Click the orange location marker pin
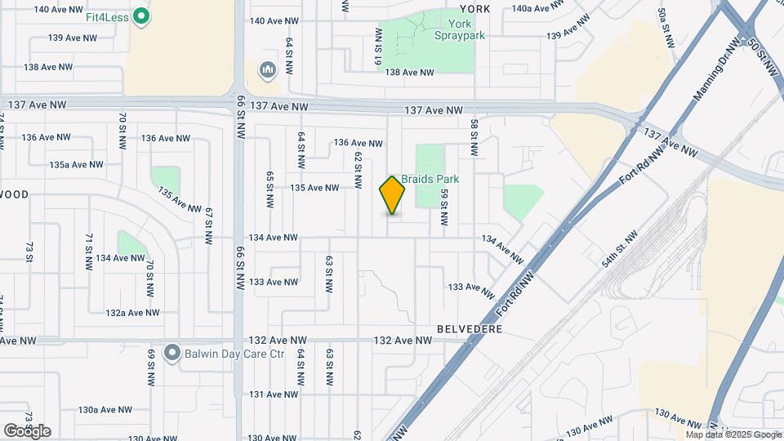tap(392, 194)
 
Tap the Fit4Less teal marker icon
tap(141, 16)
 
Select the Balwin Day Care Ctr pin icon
tap(171, 354)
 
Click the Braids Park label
tap(430, 179)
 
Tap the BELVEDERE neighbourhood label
tap(469, 328)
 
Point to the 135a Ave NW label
tap(76, 164)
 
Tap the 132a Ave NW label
tap(132, 313)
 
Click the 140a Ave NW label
tap(539, 8)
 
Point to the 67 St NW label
tap(210, 221)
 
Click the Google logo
tap(27, 430)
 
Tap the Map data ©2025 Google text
tap(733, 434)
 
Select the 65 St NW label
tap(269, 188)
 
